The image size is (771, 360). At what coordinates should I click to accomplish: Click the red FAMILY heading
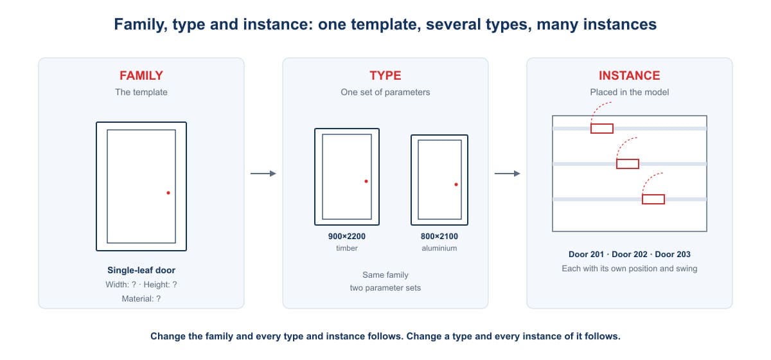(141, 75)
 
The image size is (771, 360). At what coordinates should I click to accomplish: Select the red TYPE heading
(385, 75)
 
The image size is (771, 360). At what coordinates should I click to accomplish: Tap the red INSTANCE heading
(629, 75)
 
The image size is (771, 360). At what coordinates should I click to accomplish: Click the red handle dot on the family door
(168, 193)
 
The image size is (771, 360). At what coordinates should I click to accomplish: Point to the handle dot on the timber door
(366, 181)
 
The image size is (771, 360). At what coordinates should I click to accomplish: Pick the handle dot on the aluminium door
(456, 184)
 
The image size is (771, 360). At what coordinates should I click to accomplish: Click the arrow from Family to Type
(263, 174)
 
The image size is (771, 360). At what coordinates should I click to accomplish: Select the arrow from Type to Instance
(508, 174)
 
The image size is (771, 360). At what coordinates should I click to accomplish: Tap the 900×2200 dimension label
(346, 237)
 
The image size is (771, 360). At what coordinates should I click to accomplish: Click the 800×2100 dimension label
(439, 237)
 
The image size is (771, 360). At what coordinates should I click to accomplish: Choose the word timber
(346, 248)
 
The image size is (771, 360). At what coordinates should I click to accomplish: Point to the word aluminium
(439, 248)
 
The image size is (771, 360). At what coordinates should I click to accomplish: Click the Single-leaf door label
(141, 270)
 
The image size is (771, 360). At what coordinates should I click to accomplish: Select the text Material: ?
(141, 299)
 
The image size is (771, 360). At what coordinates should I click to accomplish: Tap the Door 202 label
(629, 254)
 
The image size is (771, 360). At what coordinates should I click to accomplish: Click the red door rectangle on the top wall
(602, 129)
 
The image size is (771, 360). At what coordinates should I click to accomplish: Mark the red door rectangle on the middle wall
(628, 164)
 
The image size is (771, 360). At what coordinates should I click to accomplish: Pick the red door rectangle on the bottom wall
(653, 199)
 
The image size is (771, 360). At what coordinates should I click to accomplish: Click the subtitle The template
(141, 92)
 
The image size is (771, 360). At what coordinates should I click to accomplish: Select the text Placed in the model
(629, 92)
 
